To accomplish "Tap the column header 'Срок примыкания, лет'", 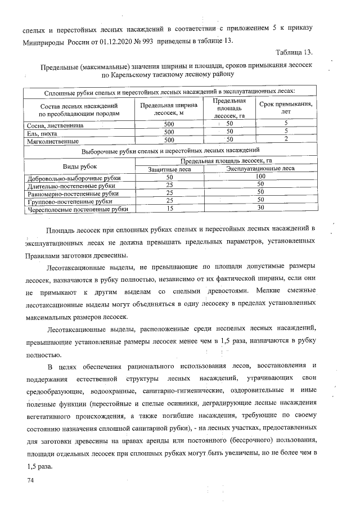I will tap(286, 109).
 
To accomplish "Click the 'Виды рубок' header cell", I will tap(79, 167).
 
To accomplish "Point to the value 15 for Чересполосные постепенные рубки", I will tap(169, 209).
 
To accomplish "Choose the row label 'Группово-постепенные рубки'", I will tap(69, 201).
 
